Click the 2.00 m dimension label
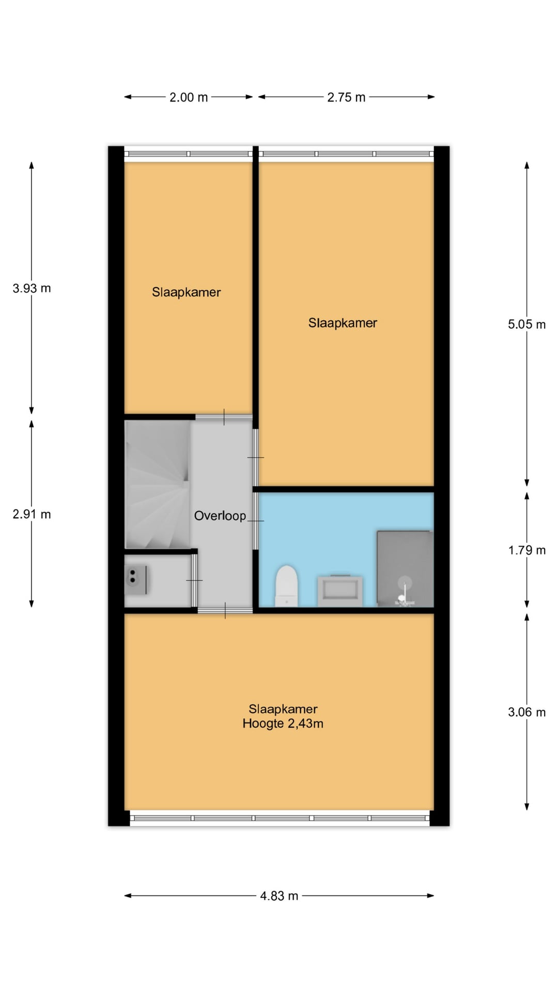pyautogui.click(x=189, y=97)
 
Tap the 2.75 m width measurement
pyautogui.click(x=346, y=97)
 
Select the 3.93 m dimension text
pyautogui.click(x=32, y=289)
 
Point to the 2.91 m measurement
pyautogui.click(x=32, y=515)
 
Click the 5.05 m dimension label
pyautogui.click(x=526, y=325)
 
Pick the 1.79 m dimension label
pyautogui.click(x=526, y=550)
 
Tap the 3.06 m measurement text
pyautogui.click(x=526, y=713)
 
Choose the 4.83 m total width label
pyautogui.click(x=279, y=896)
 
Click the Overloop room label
pyautogui.click(x=220, y=516)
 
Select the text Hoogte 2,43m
pyautogui.click(x=283, y=724)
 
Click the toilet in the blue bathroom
pyautogui.click(x=287, y=585)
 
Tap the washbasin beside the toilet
pyautogui.click(x=340, y=591)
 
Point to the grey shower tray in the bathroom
pyautogui.click(x=405, y=568)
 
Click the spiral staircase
pyautogui.click(x=158, y=484)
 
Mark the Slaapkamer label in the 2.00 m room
pyautogui.click(x=187, y=292)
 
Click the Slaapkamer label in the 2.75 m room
pyautogui.click(x=343, y=323)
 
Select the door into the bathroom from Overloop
pyautogui.click(x=255, y=520)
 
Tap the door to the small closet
pyautogui.click(x=195, y=580)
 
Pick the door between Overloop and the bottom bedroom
pyautogui.click(x=225, y=611)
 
